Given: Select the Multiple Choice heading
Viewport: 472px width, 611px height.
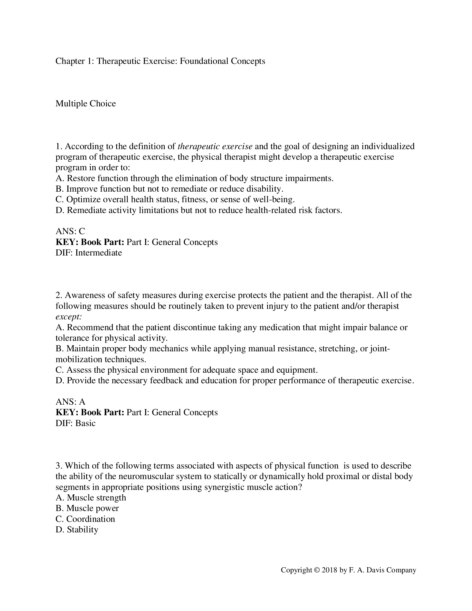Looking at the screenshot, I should tap(86, 104).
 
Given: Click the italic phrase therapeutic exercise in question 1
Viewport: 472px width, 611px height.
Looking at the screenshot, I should tap(215, 146).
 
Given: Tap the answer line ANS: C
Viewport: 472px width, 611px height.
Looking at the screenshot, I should tap(70, 231).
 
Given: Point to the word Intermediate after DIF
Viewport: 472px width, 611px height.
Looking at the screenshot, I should tap(99, 253).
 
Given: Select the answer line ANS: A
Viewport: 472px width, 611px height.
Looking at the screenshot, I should tap(70, 402).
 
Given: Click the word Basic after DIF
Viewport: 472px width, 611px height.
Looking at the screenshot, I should tap(85, 423).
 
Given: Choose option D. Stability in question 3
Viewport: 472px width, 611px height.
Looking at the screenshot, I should tap(77, 530).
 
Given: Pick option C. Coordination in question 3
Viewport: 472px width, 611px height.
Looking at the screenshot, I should tap(85, 519).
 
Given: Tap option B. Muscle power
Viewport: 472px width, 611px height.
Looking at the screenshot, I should tap(87, 508).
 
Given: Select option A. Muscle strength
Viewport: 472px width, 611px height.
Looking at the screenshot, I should tap(91, 498).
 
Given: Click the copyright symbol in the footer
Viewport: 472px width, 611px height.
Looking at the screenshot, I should tap(317, 570).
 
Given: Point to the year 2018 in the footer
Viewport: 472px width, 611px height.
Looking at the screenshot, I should tap(329, 570).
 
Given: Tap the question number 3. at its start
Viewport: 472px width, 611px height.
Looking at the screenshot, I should tap(59, 466).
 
